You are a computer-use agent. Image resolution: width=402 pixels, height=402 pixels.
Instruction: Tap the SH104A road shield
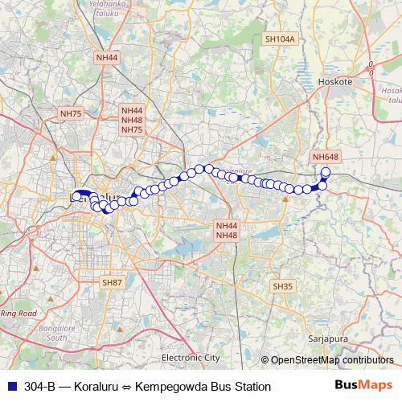281,39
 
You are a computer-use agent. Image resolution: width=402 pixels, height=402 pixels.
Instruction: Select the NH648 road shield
326,134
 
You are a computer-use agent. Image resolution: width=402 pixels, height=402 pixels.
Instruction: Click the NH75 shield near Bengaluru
71,114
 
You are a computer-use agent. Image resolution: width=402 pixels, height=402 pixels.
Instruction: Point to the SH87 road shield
111,282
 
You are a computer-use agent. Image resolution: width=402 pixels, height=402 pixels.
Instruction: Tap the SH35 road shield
282,286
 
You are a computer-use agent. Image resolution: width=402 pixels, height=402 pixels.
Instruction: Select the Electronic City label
191,357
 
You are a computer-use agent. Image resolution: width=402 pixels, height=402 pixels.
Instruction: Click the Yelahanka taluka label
110,6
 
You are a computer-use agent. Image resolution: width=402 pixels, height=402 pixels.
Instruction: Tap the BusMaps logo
363,386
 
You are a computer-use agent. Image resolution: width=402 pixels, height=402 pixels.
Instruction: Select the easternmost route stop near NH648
326,150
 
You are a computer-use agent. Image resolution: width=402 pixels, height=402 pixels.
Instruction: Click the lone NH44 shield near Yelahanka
107,58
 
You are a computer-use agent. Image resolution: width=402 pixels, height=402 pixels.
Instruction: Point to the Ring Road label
19,313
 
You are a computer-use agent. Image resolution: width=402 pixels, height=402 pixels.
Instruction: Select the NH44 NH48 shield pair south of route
226,229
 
